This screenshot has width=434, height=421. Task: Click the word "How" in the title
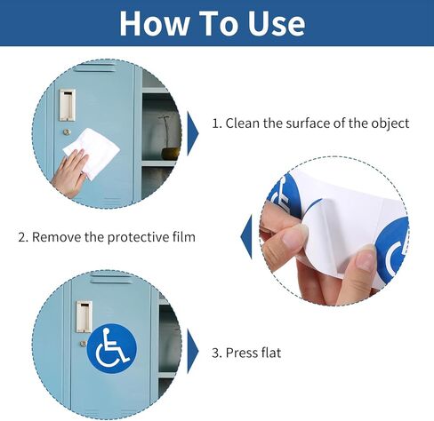coord(152,23)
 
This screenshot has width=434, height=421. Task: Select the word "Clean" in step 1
coord(246,123)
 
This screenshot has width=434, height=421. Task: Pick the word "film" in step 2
coord(182,237)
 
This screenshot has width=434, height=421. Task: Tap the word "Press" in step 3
coord(243,353)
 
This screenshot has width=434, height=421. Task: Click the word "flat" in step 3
coord(270,353)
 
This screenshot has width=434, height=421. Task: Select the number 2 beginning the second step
coord(22,237)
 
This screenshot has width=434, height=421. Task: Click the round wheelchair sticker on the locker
coord(111,347)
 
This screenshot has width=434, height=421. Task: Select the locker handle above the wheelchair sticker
coord(84,315)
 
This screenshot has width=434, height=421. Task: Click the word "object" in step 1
coord(389,123)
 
